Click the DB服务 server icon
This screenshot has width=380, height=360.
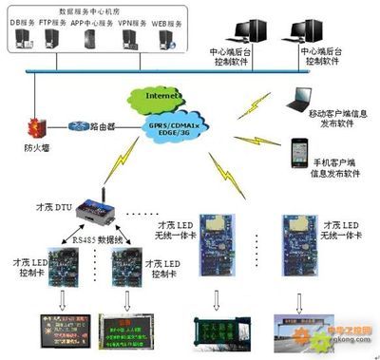[x=26, y=39]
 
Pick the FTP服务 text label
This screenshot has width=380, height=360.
[x=57, y=20]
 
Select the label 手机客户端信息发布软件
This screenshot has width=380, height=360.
[x=337, y=167]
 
